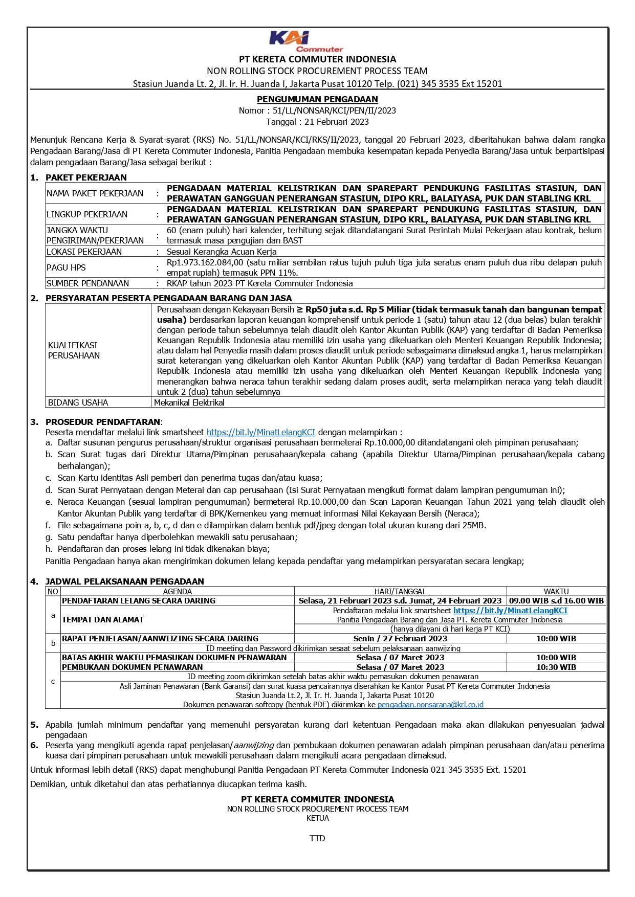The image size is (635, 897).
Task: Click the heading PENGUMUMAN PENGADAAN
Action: point(317,99)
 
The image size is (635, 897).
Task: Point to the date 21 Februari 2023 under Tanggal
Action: point(336,122)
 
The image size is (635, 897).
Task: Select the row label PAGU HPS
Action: point(66,267)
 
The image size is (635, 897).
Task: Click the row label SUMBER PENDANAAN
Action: point(87,283)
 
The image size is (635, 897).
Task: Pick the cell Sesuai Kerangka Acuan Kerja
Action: point(222,252)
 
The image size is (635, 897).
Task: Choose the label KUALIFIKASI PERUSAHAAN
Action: point(74,350)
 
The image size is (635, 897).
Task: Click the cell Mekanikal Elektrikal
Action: point(189,402)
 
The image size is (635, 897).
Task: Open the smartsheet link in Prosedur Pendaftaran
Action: point(260,432)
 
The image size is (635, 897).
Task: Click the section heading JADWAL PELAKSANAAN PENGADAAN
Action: point(124,581)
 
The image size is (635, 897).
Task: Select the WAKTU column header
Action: point(556,591)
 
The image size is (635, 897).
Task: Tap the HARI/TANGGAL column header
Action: point(400,591)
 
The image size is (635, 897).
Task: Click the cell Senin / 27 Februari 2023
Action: point(400,638)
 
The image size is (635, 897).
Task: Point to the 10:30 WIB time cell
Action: point(556,667)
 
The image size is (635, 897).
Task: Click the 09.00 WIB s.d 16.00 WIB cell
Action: point(556,601)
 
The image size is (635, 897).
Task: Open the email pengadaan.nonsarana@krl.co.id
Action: point(430,705)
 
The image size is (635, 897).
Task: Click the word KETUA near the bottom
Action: point(317,818)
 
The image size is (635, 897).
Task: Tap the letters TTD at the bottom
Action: point(317,838)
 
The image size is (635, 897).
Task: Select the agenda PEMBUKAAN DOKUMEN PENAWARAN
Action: point(132,667)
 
